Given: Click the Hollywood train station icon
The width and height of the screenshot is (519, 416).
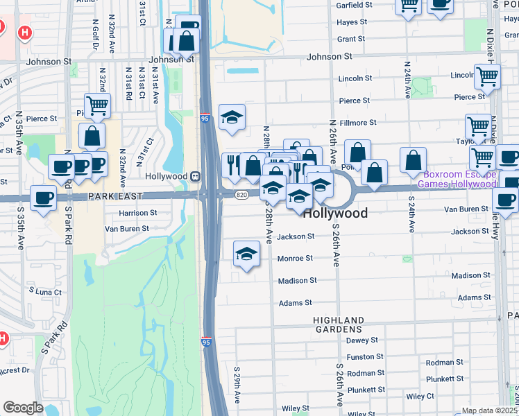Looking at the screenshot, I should point(196,176).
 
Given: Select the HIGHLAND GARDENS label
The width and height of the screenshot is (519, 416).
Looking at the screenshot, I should point(339,324).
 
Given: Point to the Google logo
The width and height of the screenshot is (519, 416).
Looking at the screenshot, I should point(23,408).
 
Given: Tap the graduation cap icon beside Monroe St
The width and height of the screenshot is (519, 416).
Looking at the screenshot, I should point(246,254).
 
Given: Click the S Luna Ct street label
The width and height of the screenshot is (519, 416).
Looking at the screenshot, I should point(44,293).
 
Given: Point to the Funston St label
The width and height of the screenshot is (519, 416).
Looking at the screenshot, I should point(361,357).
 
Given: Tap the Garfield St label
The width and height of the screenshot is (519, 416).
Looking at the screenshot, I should point(355,5).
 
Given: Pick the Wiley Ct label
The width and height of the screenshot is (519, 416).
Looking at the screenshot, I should point(420,397).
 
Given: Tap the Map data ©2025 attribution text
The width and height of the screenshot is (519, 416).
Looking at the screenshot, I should point(490,410).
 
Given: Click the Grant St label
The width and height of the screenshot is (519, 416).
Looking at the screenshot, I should point(351,40).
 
